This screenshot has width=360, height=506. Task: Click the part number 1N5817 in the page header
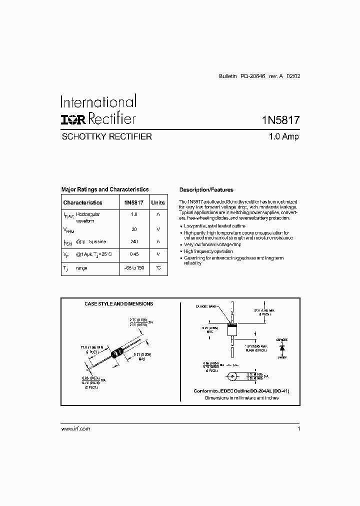coord(280,120)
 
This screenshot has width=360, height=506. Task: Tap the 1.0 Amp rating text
coord(283,136)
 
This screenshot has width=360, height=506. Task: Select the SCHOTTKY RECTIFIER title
coord(106,136)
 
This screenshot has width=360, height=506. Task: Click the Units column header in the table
coord(157,202)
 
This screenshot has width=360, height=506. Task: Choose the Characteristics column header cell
coord(82,202)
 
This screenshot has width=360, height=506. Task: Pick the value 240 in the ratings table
coord(133,241)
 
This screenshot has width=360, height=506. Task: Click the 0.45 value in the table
coord(133,254)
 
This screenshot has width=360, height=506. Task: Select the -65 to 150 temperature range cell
coord(133,268)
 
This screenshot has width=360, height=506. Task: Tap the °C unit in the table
coord(157,268)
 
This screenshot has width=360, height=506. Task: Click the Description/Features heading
coord(206,190)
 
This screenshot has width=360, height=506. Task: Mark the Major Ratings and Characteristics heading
coord(104,190)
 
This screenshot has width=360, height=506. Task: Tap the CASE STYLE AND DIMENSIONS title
coord(118,303)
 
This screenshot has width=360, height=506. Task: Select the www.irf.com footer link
coord(75,429)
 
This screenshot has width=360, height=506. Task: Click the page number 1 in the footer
coord(298,429)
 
